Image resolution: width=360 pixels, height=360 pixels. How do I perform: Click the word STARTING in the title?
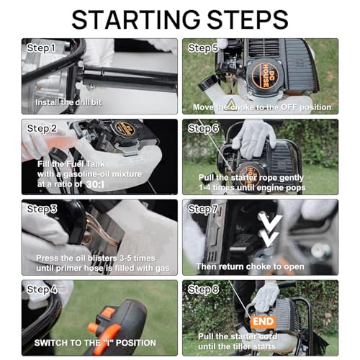[136, 19]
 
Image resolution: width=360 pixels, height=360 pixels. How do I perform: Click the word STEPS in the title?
[248, 19]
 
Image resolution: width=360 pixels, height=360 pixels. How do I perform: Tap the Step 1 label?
[41, 48]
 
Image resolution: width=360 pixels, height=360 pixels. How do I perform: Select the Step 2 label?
[42, 128]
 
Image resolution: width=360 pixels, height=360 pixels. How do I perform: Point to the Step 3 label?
[42, 209]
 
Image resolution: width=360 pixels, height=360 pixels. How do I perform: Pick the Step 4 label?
[42, 289]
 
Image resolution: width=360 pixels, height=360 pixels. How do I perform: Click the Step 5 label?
[203, 48]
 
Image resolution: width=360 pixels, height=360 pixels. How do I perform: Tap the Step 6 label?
[203, 128]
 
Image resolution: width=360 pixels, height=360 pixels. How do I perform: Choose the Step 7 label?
[203, 209]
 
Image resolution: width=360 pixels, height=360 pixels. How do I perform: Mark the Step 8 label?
[203, 289]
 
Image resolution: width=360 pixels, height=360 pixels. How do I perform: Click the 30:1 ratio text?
[95, 184]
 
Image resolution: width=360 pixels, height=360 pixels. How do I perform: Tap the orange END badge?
[264, 321]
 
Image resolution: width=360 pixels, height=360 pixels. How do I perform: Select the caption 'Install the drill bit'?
[68, 102]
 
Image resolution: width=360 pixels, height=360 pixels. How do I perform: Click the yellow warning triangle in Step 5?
[230, 104]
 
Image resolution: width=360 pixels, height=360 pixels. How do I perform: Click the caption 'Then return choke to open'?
[250, 266]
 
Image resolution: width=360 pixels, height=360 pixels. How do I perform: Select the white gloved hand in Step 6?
[254, 138]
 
